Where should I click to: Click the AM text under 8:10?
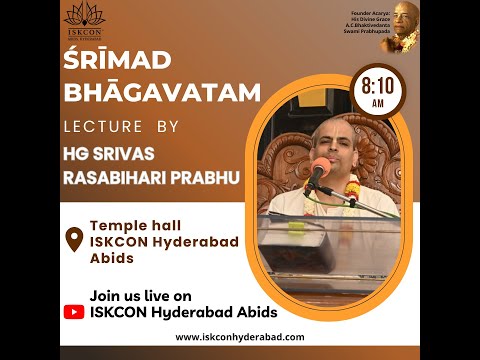click(379, 104)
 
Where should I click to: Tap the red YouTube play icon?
click(74, 311)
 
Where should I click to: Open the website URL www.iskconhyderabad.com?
click(240, 336)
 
